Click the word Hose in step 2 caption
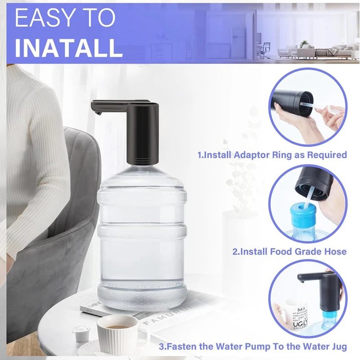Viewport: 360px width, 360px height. (335, 252)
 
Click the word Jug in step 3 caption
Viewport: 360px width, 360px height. (337, 347)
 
